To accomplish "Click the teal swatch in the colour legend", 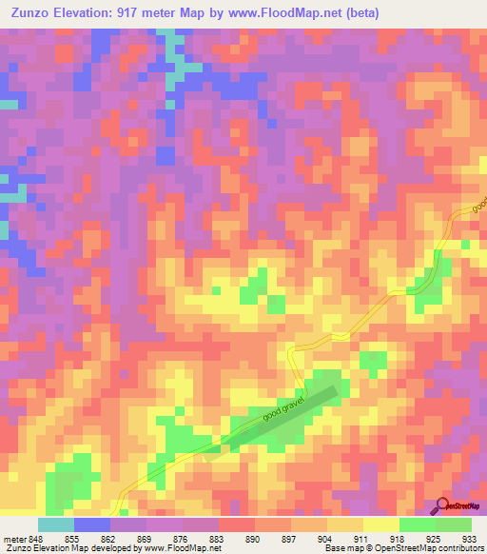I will coord(56,524).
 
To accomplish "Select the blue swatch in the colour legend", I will coord(92,524).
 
